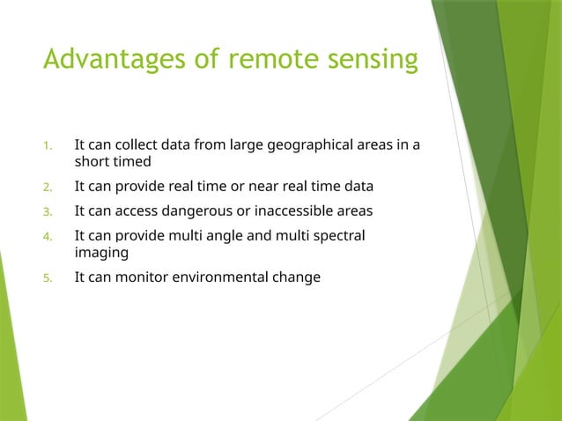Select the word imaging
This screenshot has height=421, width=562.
click(101, 253)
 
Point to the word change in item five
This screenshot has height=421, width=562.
click(299, 277)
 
